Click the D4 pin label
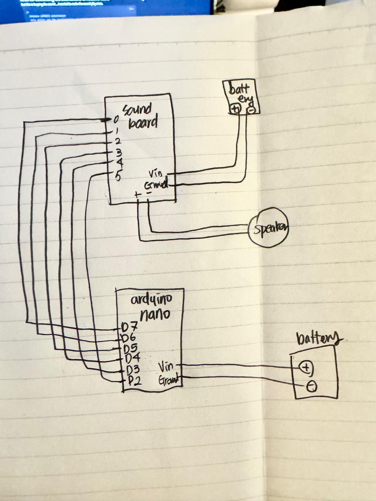coord(132,358)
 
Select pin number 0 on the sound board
coord(116,119)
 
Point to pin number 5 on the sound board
coord(118,176)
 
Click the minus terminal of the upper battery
coord(251,110)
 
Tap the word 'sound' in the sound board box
coord(137,110)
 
